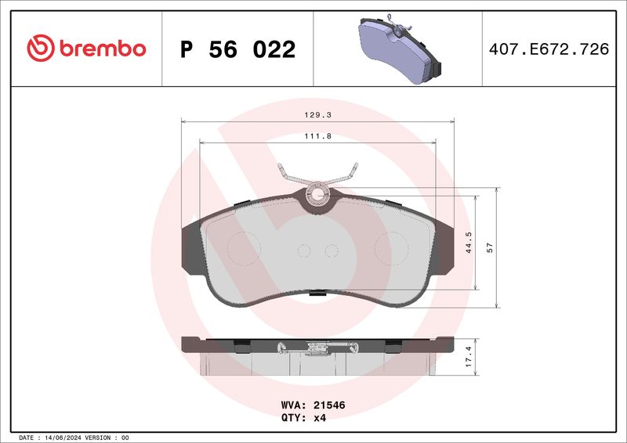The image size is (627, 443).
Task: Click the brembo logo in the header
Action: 86,49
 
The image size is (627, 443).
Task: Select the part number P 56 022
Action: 237,49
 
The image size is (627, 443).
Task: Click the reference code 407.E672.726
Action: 548,49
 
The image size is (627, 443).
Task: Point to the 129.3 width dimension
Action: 317,114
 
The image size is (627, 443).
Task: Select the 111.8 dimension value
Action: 317,135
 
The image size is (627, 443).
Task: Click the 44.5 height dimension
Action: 468,243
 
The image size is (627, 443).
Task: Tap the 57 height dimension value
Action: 491,247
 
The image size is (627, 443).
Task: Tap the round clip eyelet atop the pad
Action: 318,193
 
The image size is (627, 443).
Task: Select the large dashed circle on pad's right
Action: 389,249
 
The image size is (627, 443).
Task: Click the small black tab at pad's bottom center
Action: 318,294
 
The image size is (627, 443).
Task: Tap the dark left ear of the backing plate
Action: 191,249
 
